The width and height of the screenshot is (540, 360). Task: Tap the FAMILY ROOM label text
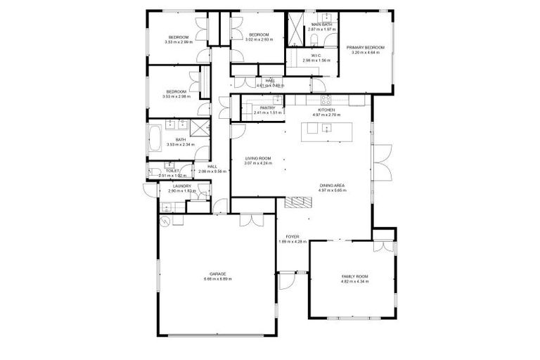click(x=355, y=276)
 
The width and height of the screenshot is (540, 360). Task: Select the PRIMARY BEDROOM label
click(x=366, y=47)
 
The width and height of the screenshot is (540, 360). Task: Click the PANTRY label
click(x=267, y=108)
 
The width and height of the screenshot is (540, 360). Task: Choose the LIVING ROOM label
click(x=258, y=158)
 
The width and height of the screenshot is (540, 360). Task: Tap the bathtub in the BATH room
click(x=155, y=138)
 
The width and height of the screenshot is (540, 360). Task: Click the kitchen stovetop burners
click(x=324, y=99)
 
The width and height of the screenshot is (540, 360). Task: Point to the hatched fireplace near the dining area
click(x=297, y=202)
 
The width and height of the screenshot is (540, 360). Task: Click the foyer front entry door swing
click(x=287, y=281)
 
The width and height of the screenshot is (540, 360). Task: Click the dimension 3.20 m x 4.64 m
click(x=366, y=53)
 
